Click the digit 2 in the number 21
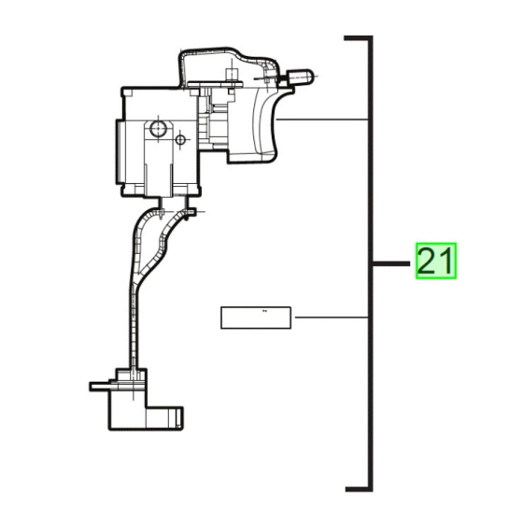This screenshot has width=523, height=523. coord(427,262)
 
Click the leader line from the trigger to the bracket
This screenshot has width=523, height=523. coord(322,120)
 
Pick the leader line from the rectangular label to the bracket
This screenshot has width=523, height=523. coord(332,318)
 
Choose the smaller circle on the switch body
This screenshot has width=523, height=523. coord(179,140)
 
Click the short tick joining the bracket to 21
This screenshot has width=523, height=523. coord(391,264)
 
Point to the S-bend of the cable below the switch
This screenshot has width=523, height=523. coord(154,238)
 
